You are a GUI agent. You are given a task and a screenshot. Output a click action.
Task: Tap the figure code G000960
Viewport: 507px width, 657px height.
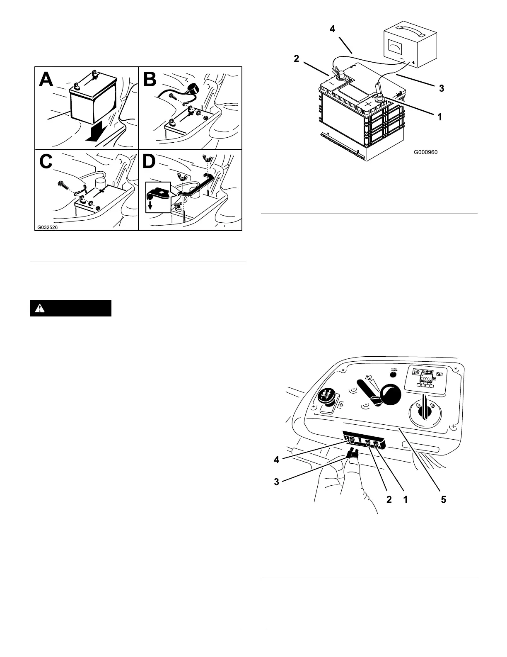pyautogui.click(x=425, y=152)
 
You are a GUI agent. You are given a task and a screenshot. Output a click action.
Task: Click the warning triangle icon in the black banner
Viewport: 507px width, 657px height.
pyautogui.click(x=40, y=308)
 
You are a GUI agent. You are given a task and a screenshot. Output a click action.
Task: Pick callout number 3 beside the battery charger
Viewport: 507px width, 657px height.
pyautogui.click(x=442, y=88)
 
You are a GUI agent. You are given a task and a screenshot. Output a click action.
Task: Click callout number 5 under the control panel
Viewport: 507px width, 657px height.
pyautogui.click(x=443, y=500)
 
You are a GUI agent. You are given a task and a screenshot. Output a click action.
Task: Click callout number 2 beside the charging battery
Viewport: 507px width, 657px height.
pyautogui.click(x=296, y=59)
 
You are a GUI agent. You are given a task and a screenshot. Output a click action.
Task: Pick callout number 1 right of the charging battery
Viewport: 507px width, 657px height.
pyautogui.click(x=439, y=117)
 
